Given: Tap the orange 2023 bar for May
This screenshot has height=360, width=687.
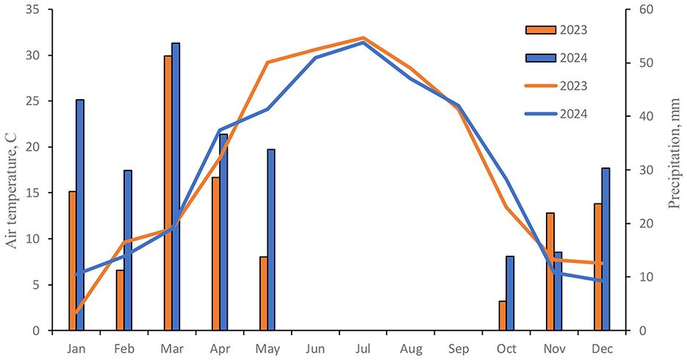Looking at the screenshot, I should click(263, 294).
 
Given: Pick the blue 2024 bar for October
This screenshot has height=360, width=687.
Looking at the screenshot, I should click(510, 293).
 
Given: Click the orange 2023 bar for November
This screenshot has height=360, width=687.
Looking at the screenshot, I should click(550, 272).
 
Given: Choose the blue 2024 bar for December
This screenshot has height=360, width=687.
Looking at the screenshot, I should click(605, 249).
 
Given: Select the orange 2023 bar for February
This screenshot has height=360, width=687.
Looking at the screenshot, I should click(120, 300).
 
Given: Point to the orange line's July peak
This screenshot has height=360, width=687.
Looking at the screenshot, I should click(363, 37).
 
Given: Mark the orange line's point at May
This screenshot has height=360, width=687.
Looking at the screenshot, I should click(267, 62).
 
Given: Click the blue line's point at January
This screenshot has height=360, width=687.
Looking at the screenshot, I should click(76, 274).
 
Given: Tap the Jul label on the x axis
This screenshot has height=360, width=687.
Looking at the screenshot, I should click(363, 348).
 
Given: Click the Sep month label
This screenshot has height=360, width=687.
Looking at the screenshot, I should click(458, 348).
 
